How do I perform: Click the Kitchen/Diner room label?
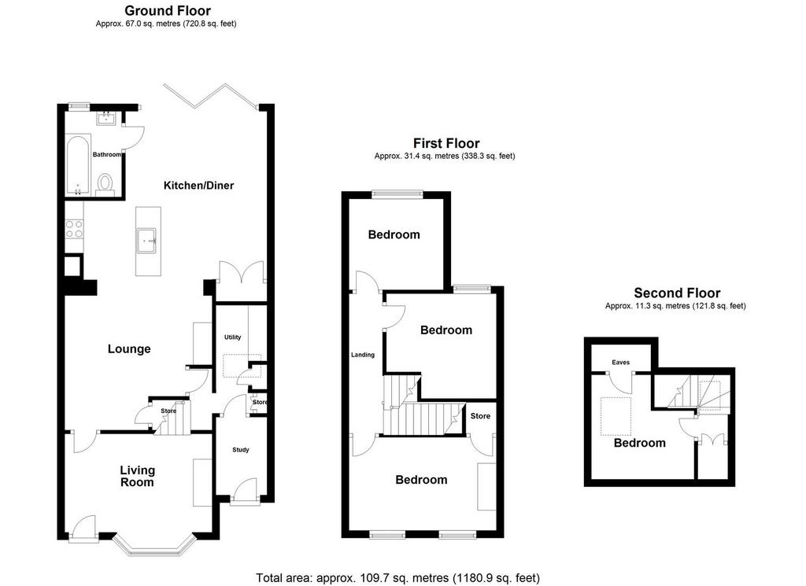[x=198, y=186]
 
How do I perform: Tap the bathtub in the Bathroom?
[x=78, y=165]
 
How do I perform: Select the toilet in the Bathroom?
[x=105, y=186]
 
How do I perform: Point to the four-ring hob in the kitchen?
[x=74, y=229]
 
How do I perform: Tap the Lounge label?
[x=129, y=349]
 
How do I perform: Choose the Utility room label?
[x=232, y=337]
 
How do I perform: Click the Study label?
[x=241, y=450]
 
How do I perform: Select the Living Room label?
[x=137, y=476]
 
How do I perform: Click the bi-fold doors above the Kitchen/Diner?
[x=212, y=97]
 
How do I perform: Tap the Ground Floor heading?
[x=168, y=10]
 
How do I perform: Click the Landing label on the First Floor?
[x=362, y=355]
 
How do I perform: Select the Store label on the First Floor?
[x=480, y=416]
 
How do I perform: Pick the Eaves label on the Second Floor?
[x=620, y=362]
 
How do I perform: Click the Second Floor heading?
[x=677, y=293]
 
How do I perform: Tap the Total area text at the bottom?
[x=397, y=578]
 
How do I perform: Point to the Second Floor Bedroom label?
[x=639, y=443]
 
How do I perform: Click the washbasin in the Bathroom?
[x=106, y=119]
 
